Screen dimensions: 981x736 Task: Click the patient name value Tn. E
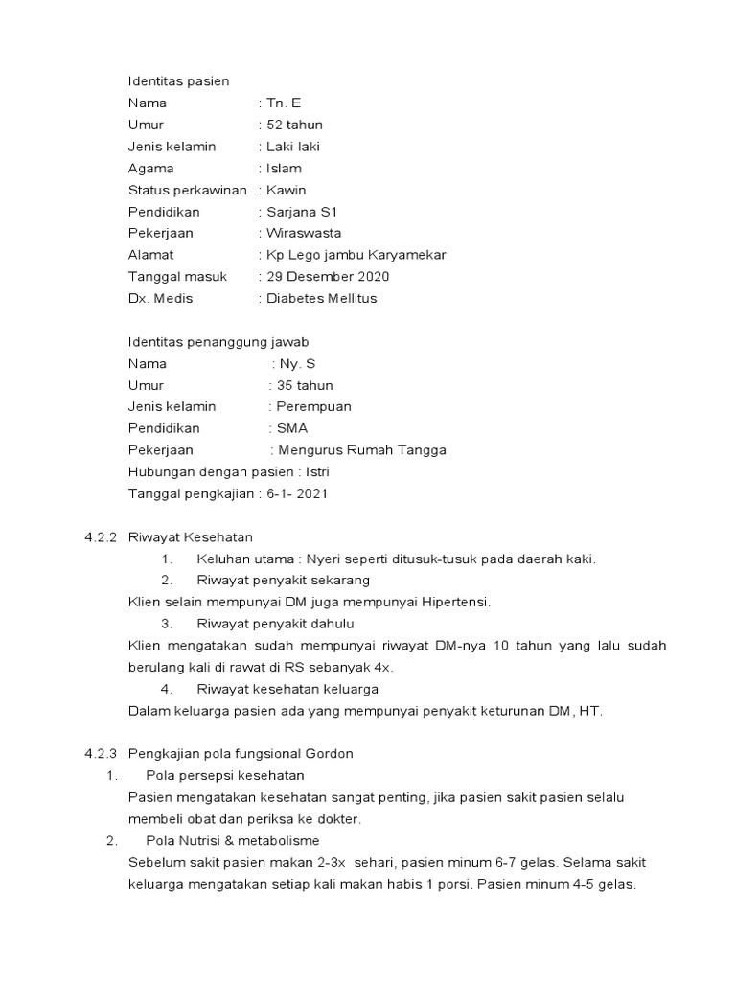[283, 103]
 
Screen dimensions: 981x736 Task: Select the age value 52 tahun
[295, 125]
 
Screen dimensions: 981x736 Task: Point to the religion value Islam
[284, 169]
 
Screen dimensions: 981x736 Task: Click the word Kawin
[287, 190]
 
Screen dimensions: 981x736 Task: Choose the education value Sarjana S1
[304, 212]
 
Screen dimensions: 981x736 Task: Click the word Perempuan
[313, 407]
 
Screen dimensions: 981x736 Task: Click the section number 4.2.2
[100, 537]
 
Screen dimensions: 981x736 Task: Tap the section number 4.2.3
[100, 754]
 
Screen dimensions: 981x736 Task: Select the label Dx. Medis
[160, 298]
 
